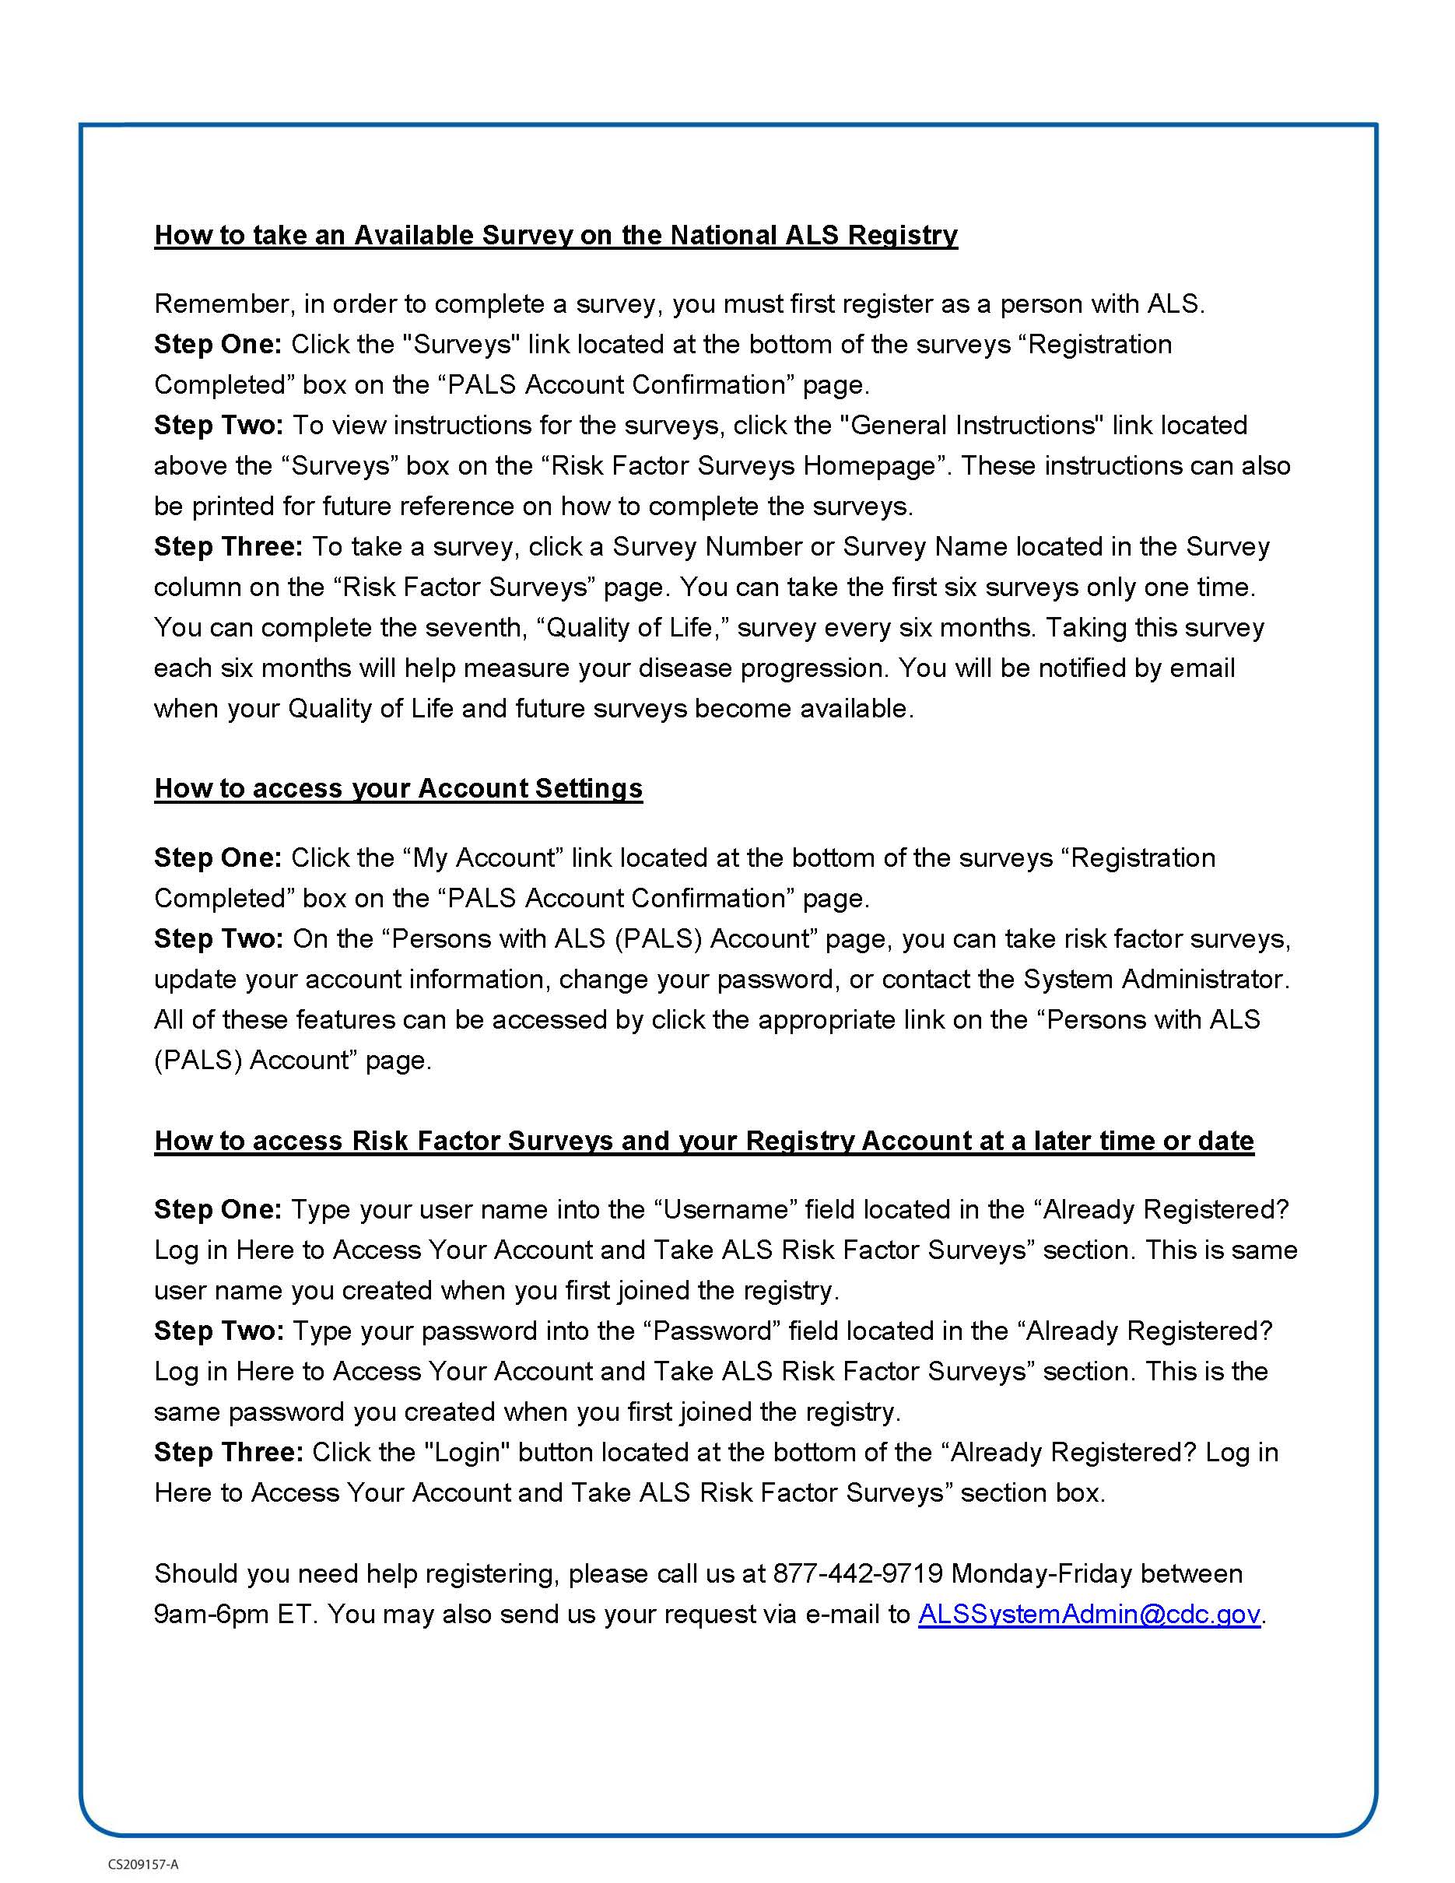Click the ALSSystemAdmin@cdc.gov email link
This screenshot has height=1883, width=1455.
click(x=1089, y=1614)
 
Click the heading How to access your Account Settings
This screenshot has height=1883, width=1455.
click(x=398, y=788)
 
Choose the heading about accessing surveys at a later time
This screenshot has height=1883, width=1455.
click(x=703, y=1141)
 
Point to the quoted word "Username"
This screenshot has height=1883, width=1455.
click(x=725, y=1210)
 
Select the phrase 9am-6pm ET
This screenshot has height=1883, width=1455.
click(x=235, y=1614)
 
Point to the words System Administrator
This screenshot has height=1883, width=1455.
click(x=1156, y=980)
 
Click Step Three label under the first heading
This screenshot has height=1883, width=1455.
click(x=227, y=547)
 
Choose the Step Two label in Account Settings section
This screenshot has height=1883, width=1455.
click(x=219, y=939)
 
